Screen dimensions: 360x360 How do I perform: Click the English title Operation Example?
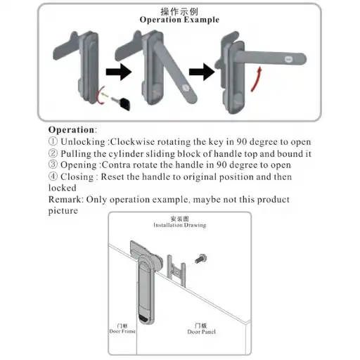179,20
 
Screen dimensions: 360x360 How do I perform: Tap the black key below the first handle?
121,103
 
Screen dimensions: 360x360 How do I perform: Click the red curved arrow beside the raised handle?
256,79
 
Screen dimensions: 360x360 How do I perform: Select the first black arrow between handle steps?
119,72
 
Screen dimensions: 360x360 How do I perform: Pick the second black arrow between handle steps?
202,72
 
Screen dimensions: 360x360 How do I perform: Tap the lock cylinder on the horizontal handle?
289,59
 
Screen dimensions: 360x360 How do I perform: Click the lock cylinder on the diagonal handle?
187,88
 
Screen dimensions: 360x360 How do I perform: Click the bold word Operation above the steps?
71,130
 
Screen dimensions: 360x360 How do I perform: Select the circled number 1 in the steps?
53,141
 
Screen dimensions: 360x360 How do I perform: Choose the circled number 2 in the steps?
53,153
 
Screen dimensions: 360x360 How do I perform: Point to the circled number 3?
53,165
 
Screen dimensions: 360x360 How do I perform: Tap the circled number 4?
53,176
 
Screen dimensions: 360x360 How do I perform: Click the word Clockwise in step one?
132,142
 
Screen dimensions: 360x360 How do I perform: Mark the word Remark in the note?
65,200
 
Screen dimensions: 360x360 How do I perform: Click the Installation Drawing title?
180,225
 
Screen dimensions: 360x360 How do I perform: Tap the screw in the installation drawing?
200,259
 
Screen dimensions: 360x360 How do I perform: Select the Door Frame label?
122,331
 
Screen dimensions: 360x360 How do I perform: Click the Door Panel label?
201,332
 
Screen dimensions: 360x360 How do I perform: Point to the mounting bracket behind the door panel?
176,271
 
